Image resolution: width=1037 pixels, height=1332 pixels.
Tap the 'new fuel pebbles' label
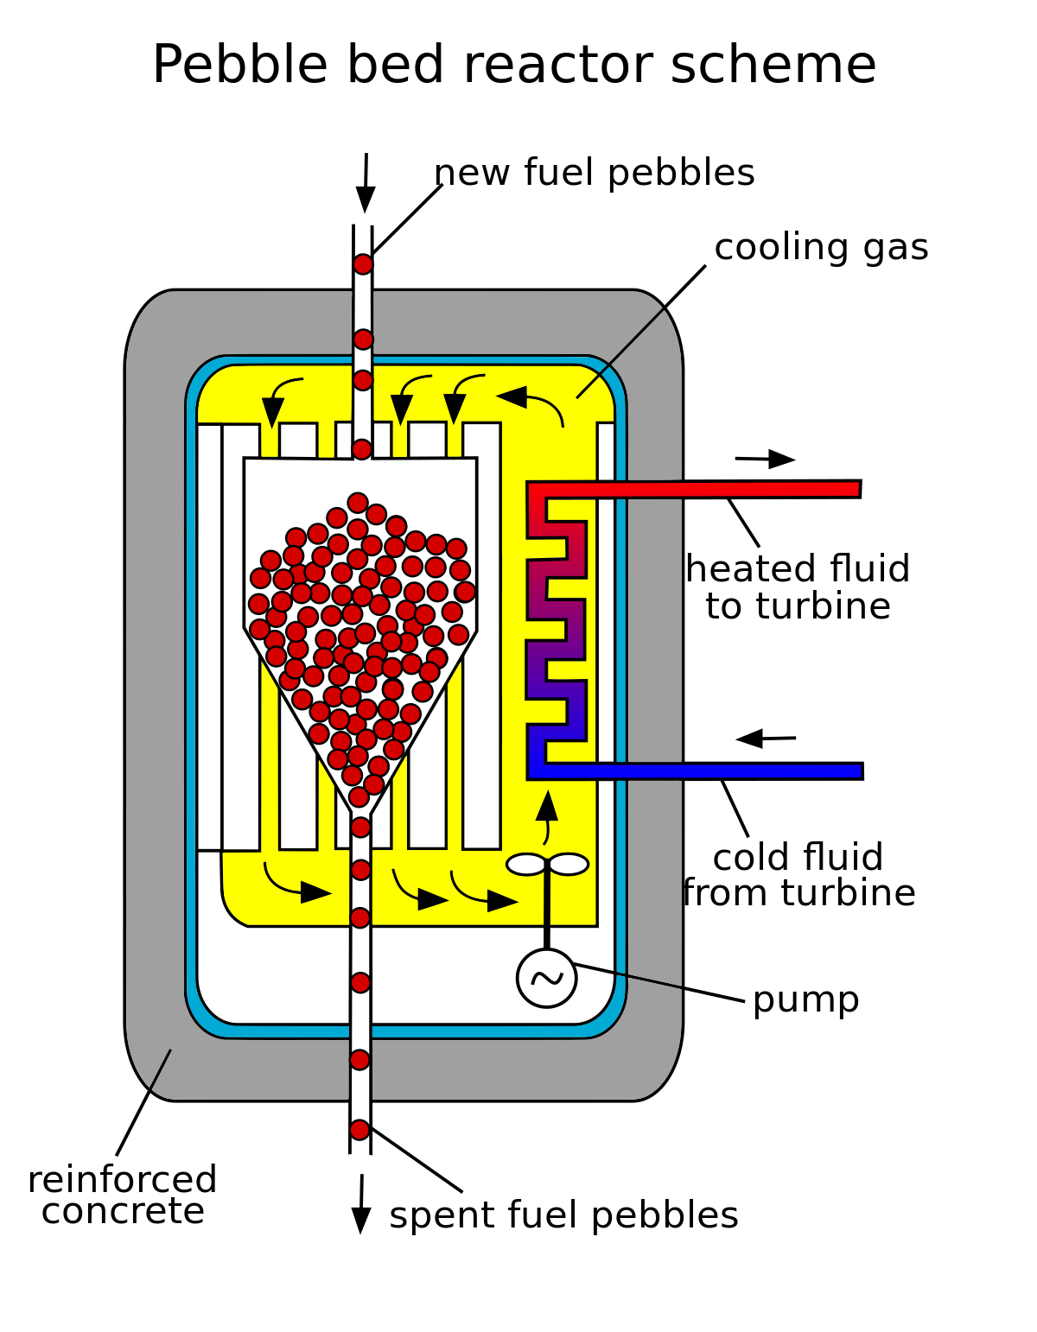coord(595,173)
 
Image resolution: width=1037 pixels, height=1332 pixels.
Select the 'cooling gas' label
coord(821,248)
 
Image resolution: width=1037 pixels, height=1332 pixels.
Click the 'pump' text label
coord(805,1000)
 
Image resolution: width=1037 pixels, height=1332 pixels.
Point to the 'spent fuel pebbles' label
coord(563,1215)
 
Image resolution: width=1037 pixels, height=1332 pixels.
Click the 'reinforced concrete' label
coord(122,1196)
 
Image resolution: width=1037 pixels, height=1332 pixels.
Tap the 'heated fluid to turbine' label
coord(798,587)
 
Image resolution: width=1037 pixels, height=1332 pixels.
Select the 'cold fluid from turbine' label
coord(798,875)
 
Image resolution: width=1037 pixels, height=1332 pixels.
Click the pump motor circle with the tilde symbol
coord(546,978)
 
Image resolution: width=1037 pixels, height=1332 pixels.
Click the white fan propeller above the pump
coord(547,864)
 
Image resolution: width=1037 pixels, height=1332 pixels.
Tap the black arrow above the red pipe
coord(766,460)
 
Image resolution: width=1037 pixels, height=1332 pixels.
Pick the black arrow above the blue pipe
coord(766,739)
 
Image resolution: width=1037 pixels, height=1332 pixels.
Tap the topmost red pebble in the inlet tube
coord(363,264)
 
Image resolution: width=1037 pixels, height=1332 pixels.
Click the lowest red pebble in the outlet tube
coord(359,1130)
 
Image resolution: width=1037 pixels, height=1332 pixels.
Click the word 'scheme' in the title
coord(773,66)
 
